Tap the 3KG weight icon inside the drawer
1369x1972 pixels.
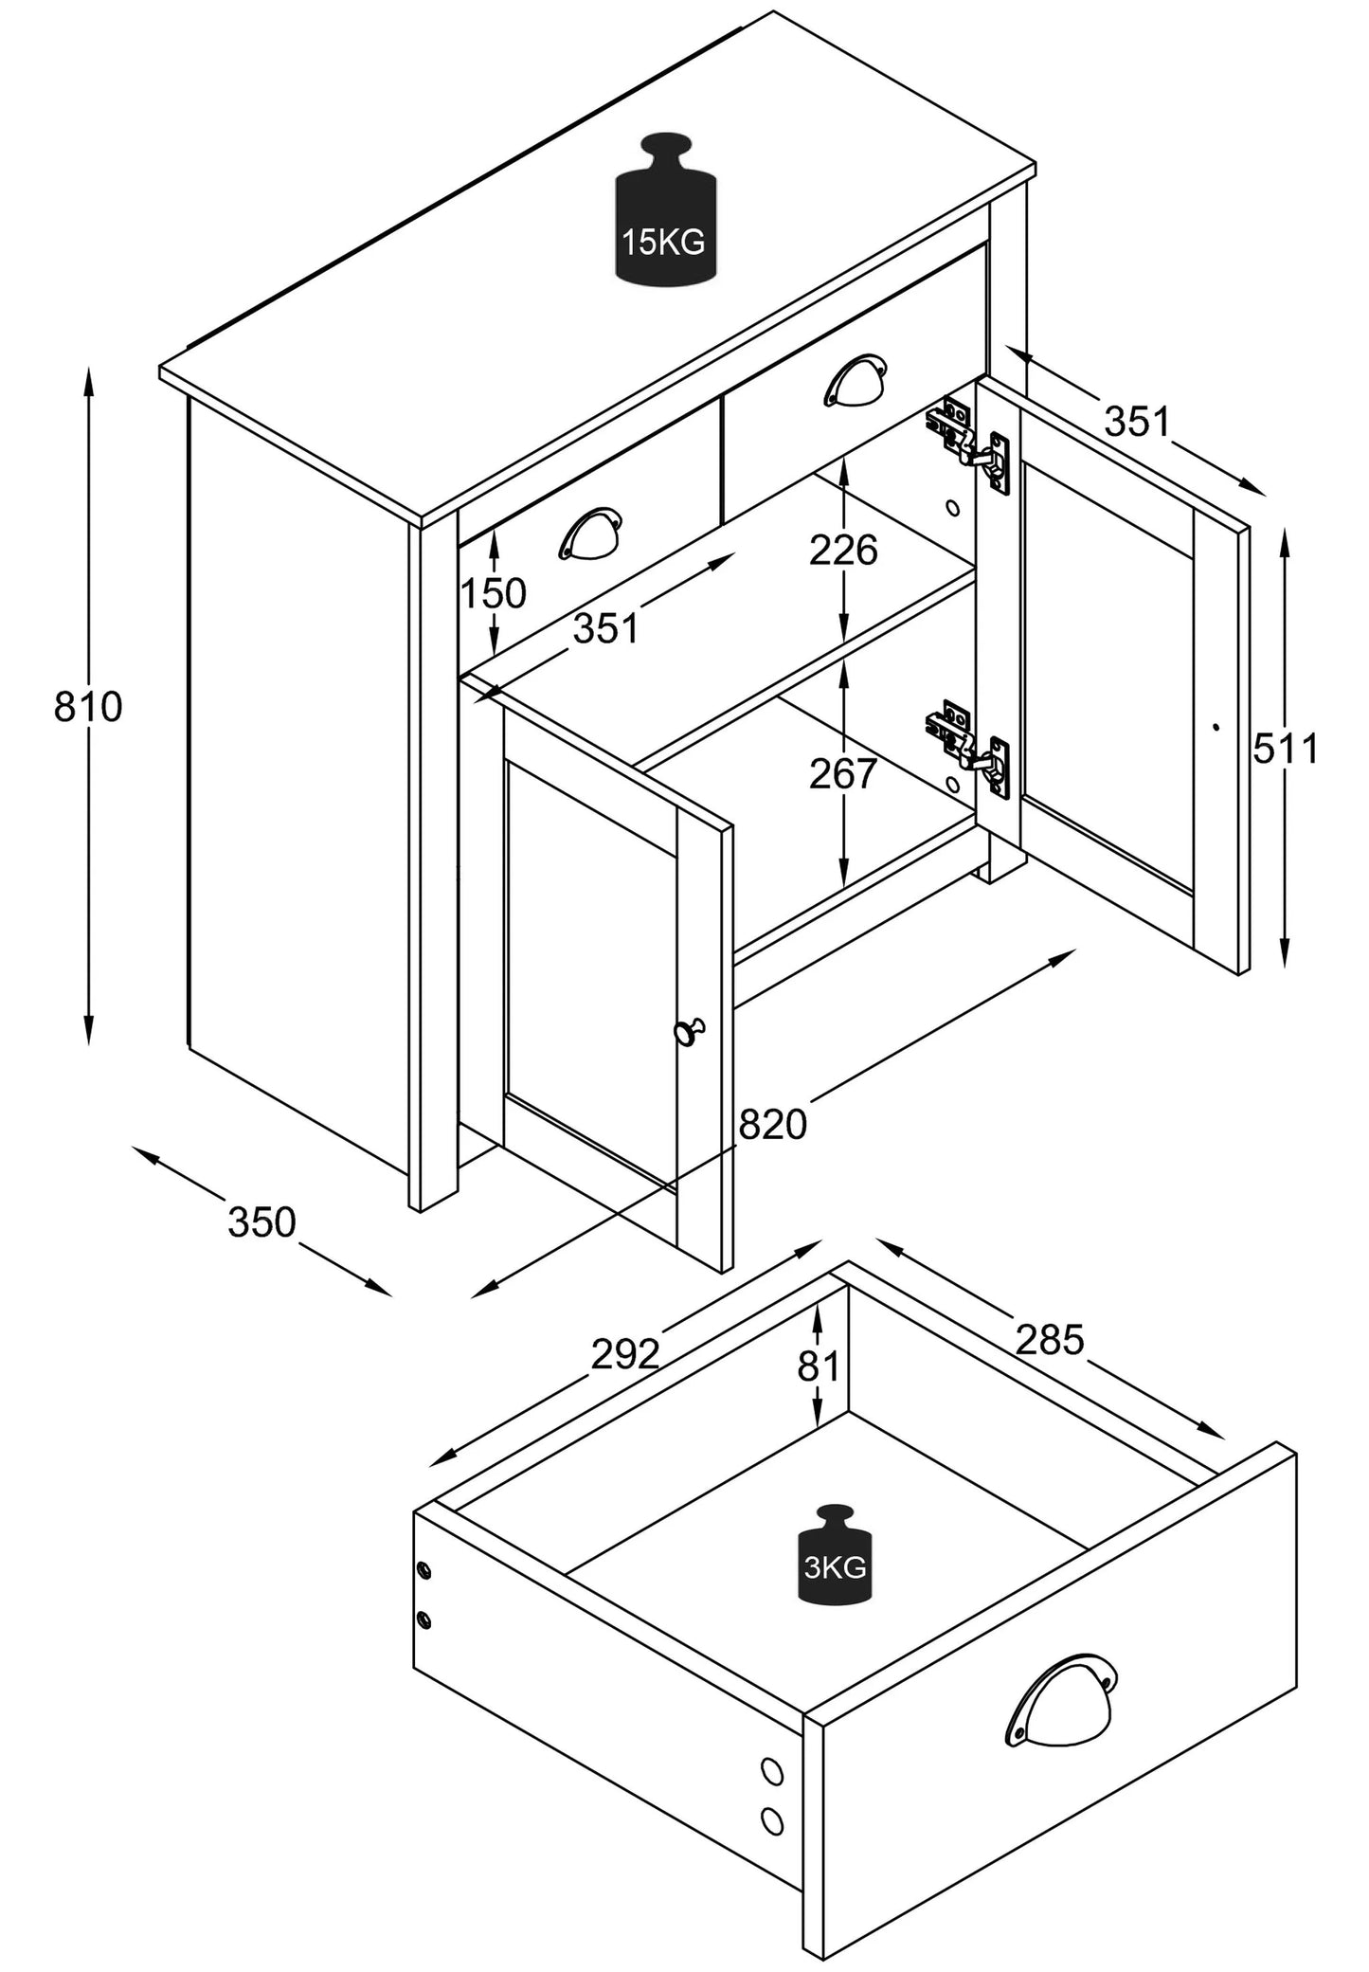(834, 1568)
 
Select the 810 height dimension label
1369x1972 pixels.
(88, 707)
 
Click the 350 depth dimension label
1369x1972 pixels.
(262, 1222)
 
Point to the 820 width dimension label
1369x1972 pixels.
(772, 1125)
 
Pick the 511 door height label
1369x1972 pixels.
(1286, 749)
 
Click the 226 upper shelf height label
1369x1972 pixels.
(843, 550)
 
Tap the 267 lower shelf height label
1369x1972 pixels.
(843, 774)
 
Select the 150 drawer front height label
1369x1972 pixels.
(494, 594)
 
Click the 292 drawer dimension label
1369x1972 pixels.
(625, 1354)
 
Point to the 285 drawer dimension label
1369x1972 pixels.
(1050, 1339)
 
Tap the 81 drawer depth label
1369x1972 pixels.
(820, 1366)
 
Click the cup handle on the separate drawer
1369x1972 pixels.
(1060, 1701)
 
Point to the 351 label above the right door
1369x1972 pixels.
(1138, 422)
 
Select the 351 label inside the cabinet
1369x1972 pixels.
(605, 628)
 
